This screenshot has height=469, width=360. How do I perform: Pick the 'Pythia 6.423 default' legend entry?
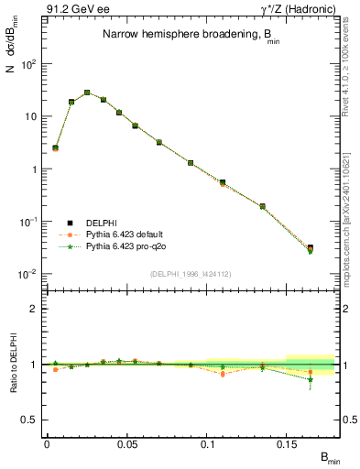pyautogui.click(x=123, y=234)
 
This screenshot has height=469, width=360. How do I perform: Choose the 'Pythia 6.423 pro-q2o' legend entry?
pyautogui.click(x=123, y=246)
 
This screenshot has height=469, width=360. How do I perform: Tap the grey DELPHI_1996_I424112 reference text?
pyautogui.click(x=191, y=272)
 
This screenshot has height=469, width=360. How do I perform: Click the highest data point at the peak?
pyautogui.click(x=87, y=93)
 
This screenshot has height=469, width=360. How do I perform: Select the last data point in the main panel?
pyautogui.click(x=311, y=248)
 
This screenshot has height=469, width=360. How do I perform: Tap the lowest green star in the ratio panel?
pyautogui.click(x=311, y=379)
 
